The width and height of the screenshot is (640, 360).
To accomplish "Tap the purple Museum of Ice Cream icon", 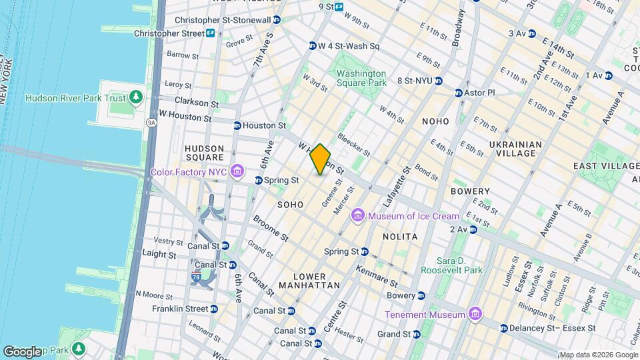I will tap(358, 215).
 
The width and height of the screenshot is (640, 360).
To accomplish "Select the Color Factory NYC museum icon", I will tap(237, 173).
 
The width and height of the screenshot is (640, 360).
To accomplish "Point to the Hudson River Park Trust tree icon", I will tap(136, 98).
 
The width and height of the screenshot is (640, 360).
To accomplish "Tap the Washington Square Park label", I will tap(361, 78).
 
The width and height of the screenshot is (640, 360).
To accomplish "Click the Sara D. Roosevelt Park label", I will tap(451, 265).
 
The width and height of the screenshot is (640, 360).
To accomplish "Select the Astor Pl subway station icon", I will tap(459, 93).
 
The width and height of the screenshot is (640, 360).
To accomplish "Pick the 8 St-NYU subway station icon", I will tap(439, 81).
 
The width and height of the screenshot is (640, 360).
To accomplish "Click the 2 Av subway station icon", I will tap(473, 229).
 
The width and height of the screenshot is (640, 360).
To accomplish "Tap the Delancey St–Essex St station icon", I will tap(503, 328).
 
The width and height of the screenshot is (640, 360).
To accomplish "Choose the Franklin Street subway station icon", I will tap(213, 309).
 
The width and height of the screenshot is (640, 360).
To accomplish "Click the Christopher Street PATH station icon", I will tap(210, 33).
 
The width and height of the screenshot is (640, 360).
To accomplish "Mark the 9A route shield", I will tap(151, 123).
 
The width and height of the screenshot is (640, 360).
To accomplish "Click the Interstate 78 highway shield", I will tap(199, 279).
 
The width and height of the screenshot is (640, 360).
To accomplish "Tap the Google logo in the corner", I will tap(22, 351).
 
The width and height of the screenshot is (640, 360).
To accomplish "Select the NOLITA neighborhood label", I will tap(400, 237).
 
